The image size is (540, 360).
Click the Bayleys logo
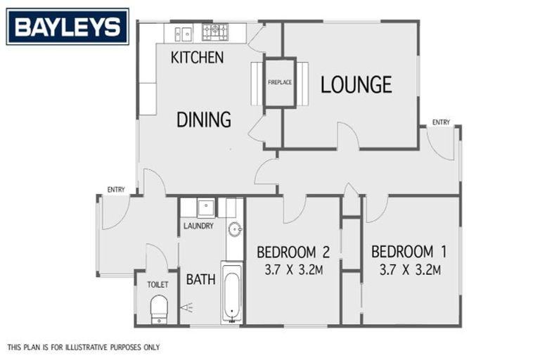tap(67, 27)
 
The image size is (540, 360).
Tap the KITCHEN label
tap(197, 58)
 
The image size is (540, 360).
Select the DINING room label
tap(203, 120)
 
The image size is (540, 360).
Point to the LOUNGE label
tap(356, 85)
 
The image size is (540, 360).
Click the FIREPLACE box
tap(279, 83)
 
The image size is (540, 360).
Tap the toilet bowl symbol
tap(159, 308)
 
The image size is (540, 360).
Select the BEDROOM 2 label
tap(293, 252)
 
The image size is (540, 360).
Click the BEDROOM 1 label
tap(409, 252)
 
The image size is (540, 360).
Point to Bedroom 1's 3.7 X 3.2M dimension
tap(409, 270)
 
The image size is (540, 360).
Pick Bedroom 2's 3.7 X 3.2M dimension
tap(293, 270)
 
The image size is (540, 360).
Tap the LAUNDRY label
tap(198, 226)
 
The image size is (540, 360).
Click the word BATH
tap(200, 279)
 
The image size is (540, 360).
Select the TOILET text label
tap(157, 285)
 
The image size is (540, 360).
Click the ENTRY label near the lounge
tap(441, 122)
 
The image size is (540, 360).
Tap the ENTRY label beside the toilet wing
tap(116, 189)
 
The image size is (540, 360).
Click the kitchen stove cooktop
tap(215, 32)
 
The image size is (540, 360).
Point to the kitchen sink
tap(184, 33)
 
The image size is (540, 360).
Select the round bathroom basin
tap(235, 228)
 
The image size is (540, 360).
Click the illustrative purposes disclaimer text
tap(84, 347)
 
